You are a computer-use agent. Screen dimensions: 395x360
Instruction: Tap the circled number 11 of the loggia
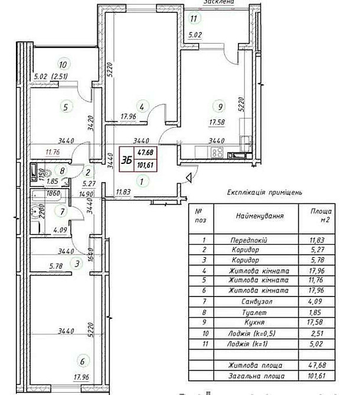coord(193,18)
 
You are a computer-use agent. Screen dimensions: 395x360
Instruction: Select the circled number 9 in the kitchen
coord(220,107)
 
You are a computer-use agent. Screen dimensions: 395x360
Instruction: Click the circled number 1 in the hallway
coord(142,182)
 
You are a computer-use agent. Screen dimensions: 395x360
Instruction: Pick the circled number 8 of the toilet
coord(62,171)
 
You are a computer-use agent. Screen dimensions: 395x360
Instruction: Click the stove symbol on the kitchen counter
coord(217,152)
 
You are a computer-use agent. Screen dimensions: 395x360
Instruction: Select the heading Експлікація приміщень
coord(264,193)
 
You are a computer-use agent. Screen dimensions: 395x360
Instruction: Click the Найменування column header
coord(260,216)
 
